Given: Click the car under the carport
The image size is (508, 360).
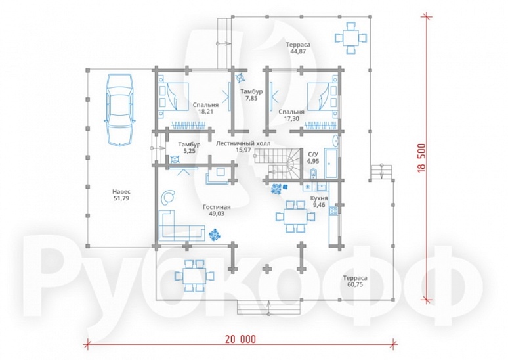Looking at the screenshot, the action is click(x=119, y=110).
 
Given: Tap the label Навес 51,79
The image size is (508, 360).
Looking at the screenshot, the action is click(x=121, y=195).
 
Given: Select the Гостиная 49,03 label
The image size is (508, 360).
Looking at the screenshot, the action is click(x=217, y=210).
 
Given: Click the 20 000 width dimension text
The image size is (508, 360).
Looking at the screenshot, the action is click(x=240, y=339).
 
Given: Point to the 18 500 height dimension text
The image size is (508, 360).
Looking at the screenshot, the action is click(x=422, y=158).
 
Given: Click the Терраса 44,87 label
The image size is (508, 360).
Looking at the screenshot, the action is click(x=298, y=48).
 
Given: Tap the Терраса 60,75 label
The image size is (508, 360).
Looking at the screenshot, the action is click(x=355, y=281).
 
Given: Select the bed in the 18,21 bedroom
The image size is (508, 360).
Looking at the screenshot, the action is click(x=173, y=97).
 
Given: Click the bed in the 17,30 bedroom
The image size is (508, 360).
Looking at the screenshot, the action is click(x=323, y=97).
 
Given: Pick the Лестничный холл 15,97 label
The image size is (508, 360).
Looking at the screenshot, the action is click(x=243, y=146).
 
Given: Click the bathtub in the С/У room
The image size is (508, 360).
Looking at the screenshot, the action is click(x=331, y=164).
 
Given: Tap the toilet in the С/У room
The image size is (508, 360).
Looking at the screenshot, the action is click(x=313, y=173).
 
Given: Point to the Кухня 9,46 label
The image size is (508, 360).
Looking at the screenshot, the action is click(x=319, y=202).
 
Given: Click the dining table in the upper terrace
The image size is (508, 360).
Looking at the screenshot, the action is click(x=351, y=37).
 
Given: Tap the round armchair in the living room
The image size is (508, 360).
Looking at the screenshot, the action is click(x=168, y=196).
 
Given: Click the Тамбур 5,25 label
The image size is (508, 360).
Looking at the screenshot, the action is click(x=189, y=148).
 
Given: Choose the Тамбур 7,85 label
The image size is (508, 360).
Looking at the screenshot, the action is click(x=251, y=95).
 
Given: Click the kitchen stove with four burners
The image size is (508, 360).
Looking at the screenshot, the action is click(x=333, y=211).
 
